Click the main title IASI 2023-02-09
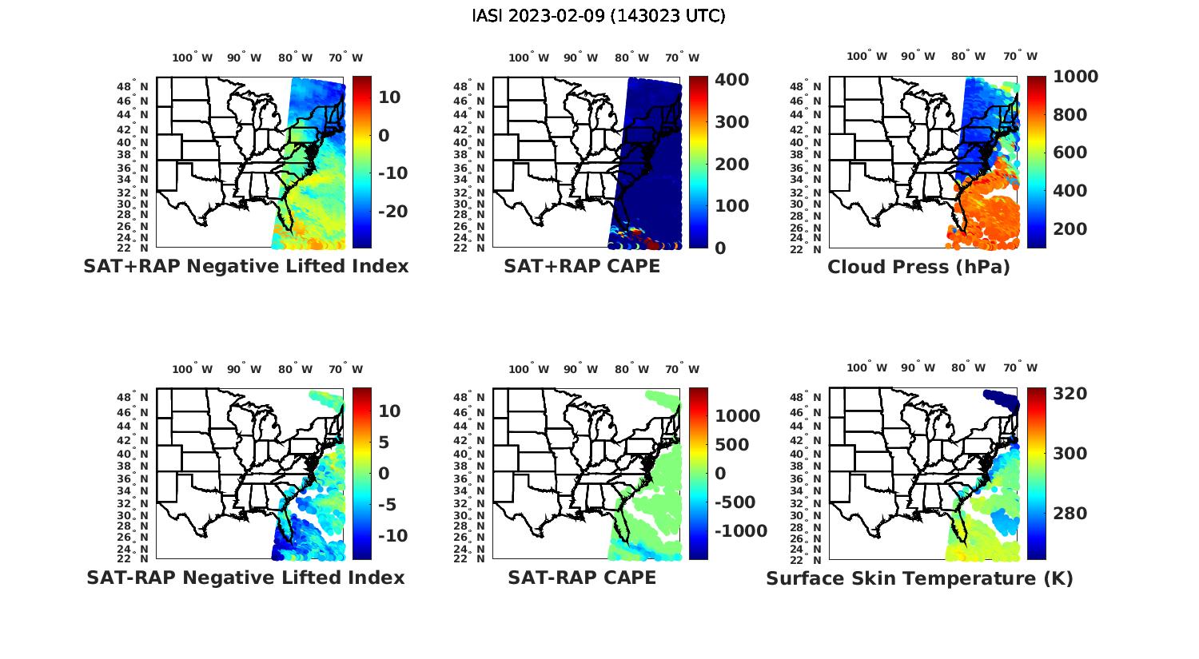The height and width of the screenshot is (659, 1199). click(x=599, y=16)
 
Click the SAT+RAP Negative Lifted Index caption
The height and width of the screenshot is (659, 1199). click(x=245, y=267)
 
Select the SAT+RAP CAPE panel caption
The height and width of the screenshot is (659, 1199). click(x=582, y=267)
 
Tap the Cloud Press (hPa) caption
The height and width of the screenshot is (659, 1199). click(x=918, y=267)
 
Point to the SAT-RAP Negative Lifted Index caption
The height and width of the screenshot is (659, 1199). click(x=245, y=578)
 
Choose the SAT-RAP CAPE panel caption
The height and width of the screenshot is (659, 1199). click(x=582, y=578)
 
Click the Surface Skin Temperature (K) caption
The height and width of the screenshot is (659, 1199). click(x=919, y=578)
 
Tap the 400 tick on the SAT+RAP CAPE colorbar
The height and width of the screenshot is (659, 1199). click(x=731, y=80)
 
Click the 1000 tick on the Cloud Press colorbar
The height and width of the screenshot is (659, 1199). click(x=1075, y=77)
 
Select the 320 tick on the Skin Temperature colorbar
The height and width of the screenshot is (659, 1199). click(x=1070, y=394)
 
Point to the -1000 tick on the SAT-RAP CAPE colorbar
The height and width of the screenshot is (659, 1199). click(x=740, y=532)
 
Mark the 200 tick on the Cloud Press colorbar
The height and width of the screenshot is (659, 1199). click(x=1070, y=229)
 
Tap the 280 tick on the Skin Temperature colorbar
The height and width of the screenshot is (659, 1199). click(x=1070, y=514)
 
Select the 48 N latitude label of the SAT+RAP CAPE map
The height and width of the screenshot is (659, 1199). click(x=469, y=87)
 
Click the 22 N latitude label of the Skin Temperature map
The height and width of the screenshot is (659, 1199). click(x=807, y=559)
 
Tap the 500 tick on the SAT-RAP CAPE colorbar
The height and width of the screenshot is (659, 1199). click(x=731, y=445)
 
